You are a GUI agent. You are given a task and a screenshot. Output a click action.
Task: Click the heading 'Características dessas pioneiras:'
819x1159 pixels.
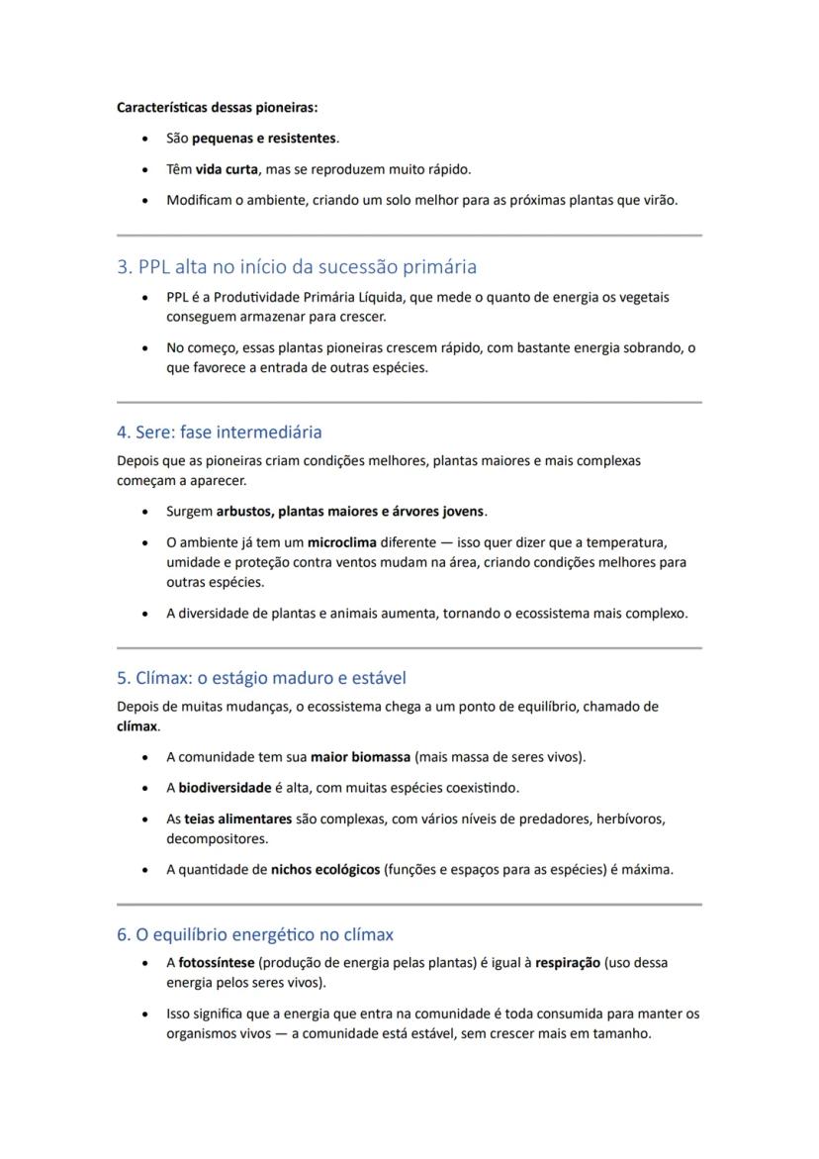tap(218, 107)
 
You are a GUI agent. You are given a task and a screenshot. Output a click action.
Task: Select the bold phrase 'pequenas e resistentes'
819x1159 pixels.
tap(264, 138)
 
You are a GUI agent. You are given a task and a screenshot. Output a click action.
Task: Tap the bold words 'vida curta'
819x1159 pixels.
tap(227, 169)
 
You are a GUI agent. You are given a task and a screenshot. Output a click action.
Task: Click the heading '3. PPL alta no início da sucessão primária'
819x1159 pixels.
tap(297, 266)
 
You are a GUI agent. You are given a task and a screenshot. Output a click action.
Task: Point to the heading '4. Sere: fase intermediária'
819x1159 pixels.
tap(219, 432)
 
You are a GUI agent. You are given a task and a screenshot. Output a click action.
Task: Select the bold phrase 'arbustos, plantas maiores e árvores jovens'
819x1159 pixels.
tap(350, 512)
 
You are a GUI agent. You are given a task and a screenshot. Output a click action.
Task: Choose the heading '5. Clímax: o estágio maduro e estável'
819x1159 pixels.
tap(261, 678)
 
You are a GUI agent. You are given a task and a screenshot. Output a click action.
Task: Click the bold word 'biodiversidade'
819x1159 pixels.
tap(225, 788)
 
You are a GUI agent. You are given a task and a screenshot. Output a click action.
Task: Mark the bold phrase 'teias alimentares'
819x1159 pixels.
tap(238, 820)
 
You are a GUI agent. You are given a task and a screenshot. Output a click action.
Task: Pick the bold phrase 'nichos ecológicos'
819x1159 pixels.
tap(325, 870)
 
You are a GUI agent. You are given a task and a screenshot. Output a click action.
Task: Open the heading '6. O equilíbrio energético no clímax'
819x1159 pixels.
tap(255, 934)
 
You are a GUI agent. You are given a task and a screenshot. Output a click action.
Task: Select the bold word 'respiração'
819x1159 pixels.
tap(568, 962)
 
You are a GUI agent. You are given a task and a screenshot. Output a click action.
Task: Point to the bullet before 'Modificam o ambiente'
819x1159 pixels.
tap(145, 201)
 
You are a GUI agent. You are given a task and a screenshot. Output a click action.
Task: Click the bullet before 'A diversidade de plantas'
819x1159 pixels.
tap(145, 614)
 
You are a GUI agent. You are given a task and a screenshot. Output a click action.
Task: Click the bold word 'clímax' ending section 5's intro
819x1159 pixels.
tap(136, 726)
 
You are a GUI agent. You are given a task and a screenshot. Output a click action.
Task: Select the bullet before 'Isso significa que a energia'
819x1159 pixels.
tap(145, 1014)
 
